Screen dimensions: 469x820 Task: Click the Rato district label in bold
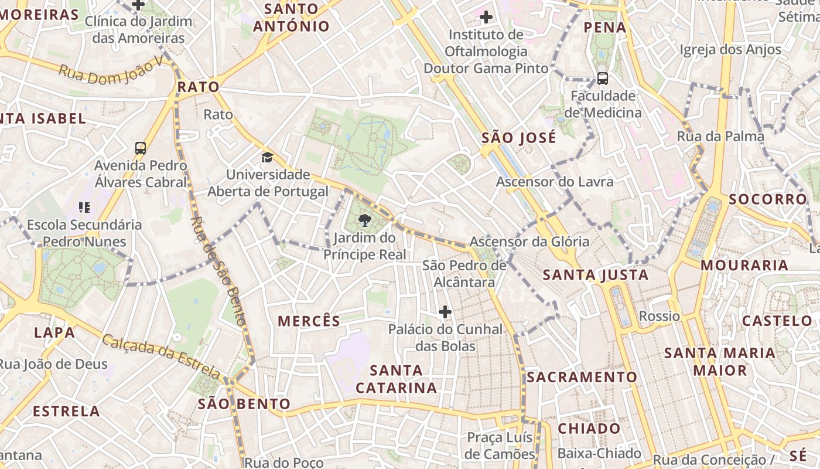coord(198,87)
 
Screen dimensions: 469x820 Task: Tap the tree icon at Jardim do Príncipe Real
coord(364,220)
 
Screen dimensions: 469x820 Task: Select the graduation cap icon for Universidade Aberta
coord(267,157)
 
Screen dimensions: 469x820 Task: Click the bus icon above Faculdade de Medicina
coord(602,78)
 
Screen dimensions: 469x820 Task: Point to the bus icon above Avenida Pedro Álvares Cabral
coord(141,148)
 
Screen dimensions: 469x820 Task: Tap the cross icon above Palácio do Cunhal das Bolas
coord(445,311)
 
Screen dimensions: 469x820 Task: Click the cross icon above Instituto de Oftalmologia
coord(486,16)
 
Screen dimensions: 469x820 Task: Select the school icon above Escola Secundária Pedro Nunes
coord(84,207)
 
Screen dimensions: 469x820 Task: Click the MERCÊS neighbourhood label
coord(309,321)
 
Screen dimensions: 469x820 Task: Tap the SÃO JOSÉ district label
coord(518,138)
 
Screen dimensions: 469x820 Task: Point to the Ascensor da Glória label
coord(529,242)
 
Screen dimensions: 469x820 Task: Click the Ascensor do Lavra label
coord(555,182)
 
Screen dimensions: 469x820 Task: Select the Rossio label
coord(660,317)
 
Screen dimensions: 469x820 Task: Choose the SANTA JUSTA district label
coord(595,275)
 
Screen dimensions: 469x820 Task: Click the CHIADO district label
coord(589,429)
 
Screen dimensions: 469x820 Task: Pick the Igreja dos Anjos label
coord(730,50)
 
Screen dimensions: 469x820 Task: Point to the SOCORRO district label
coord(767,199)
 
